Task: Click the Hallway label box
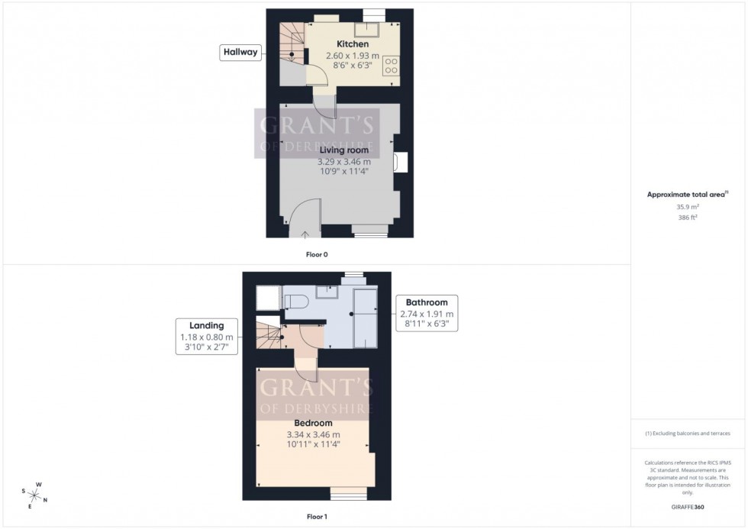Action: point(240,53)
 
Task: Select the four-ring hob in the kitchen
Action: point(392,65)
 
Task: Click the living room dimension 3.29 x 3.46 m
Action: point(343,162)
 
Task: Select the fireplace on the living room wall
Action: point(401,163)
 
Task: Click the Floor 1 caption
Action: point(316,517)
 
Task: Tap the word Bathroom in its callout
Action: point(427,302)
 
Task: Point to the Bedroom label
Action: point(314,423)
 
